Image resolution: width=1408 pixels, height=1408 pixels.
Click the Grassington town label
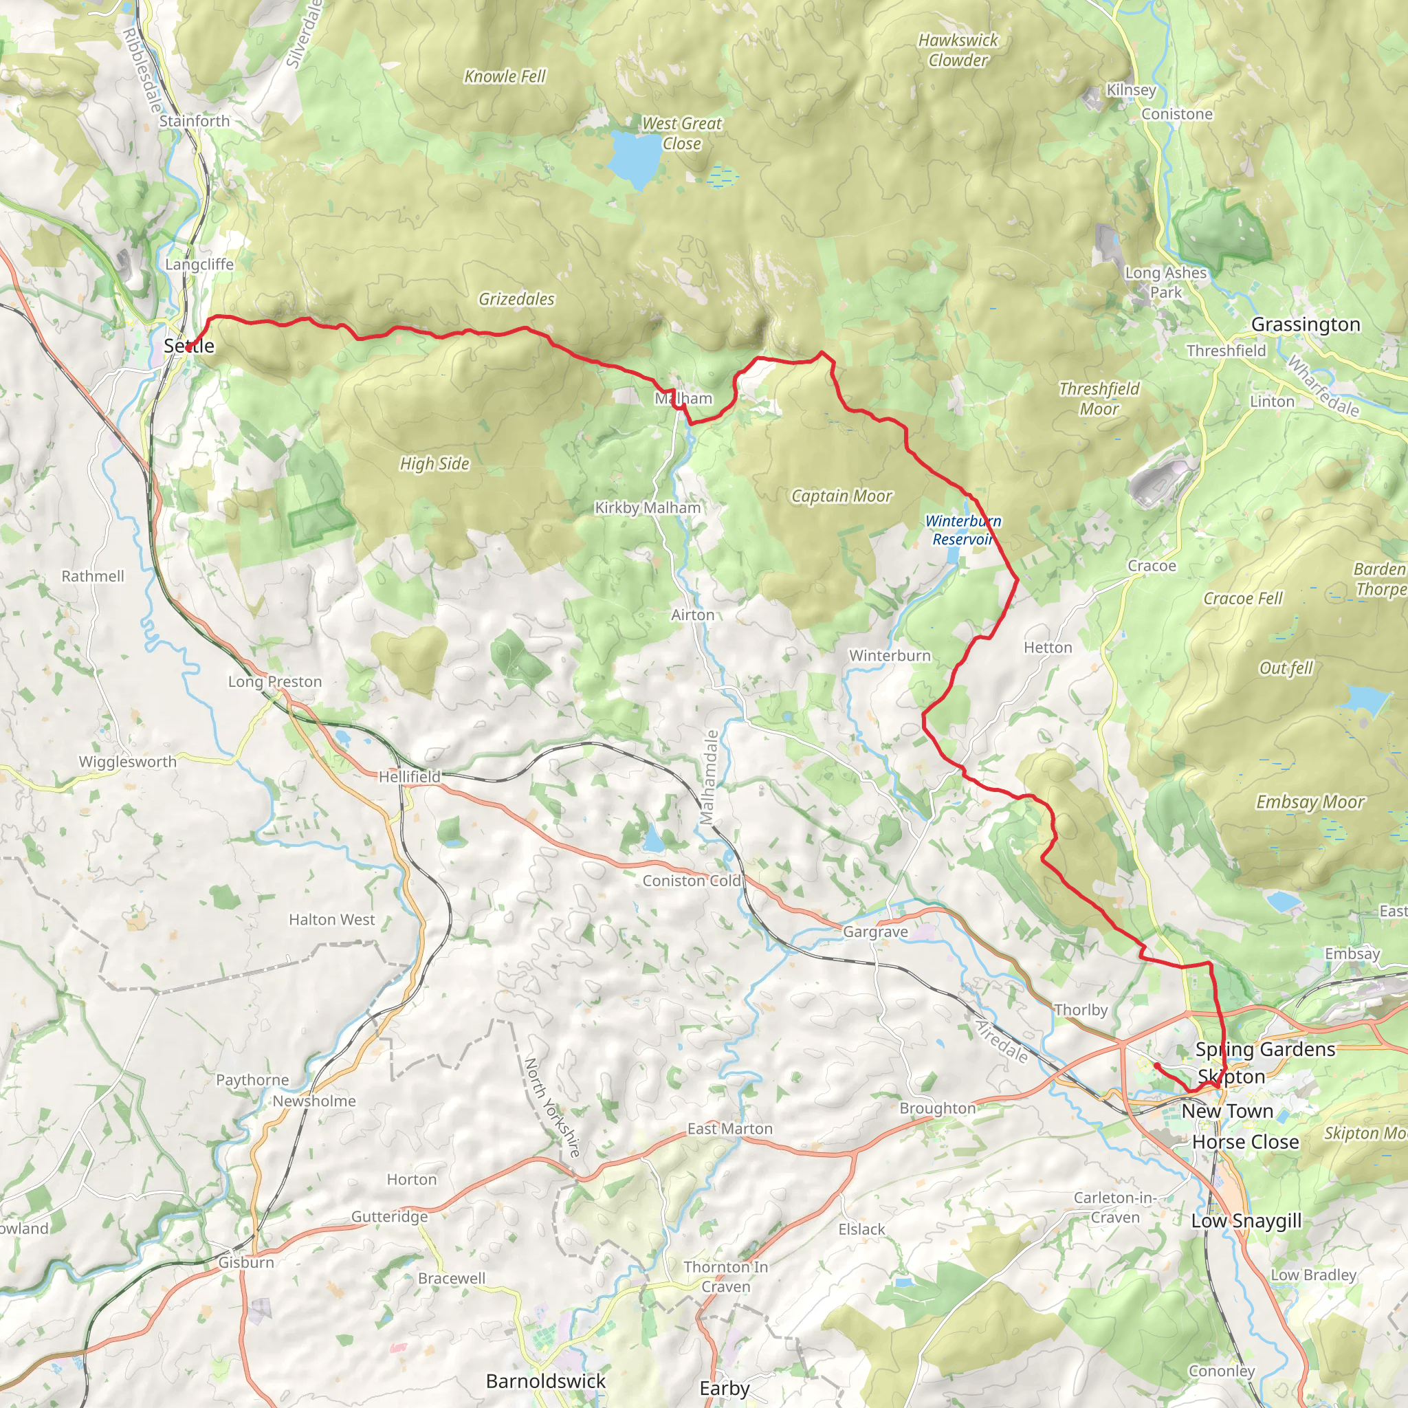pyautogui.click(x=1306, y=324)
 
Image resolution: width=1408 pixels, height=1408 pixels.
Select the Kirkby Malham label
pyautogui.click(x=647, y=507)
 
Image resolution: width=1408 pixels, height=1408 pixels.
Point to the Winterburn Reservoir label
pyautogui.click(x=962, y=530)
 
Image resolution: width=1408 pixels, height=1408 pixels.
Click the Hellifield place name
pyautogui.click(x=410, y=776)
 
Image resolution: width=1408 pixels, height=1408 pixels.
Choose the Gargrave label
pyautogui.click(x=875, y=932)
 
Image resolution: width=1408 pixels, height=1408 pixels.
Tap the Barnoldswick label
pyautogui.click(x=546, y=1380)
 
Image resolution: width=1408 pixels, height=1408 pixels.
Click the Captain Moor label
pyautogui.click(x=841, y=496)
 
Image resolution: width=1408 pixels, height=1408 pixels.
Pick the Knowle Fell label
pyautogui.click(x=505, y=76)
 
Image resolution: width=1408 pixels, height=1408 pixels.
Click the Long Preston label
pyautogui.click(x=275, y=681)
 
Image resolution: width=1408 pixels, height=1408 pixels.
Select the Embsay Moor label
pyautogui.click(x=1310, y=802)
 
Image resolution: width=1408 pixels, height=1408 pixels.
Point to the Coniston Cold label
pyautogui.click(x=691, y=881)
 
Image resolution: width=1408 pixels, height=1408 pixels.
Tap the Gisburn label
pyautogui.click(x=246, y=1262)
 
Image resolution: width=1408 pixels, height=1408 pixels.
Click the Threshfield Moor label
pyautogui.click(x=1099, y=399)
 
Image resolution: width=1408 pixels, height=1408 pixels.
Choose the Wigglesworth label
pyautogui.click(x=128, y=762)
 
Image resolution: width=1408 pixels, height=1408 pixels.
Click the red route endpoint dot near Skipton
pyautogui.click(x=1156, y=1066)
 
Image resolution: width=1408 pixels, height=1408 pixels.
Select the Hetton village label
pyautogui.click(x=1047, y=647)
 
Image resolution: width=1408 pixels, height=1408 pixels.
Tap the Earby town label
pyautogui.click(x=724, y=1387)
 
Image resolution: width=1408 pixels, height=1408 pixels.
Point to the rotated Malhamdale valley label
pyautogui.click(x=709, y=777)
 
